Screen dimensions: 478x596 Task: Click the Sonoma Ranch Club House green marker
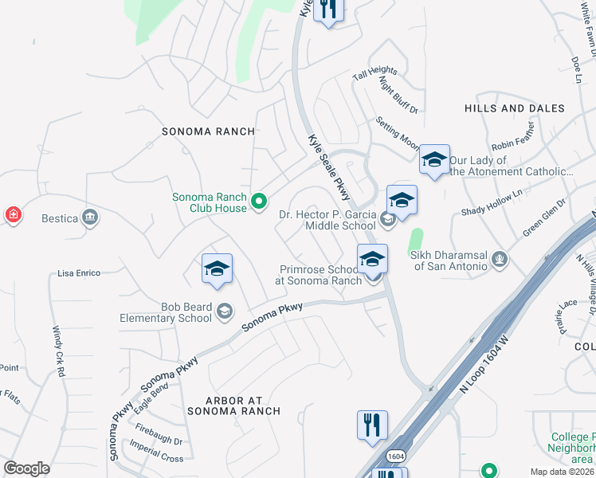258,203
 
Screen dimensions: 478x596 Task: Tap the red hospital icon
13,215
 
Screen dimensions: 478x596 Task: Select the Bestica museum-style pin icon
89,217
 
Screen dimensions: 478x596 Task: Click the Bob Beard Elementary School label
165,312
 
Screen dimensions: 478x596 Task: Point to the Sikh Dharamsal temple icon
499,259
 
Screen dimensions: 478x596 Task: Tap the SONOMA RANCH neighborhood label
208,131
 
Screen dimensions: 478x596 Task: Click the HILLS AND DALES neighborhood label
514,108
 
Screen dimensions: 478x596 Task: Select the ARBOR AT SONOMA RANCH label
233,405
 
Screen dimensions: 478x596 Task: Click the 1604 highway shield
394,455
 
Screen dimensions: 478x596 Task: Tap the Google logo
27,468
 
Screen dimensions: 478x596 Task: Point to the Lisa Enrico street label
79,273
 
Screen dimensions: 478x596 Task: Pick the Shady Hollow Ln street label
492,203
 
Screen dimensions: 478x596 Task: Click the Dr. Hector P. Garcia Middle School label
327,220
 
